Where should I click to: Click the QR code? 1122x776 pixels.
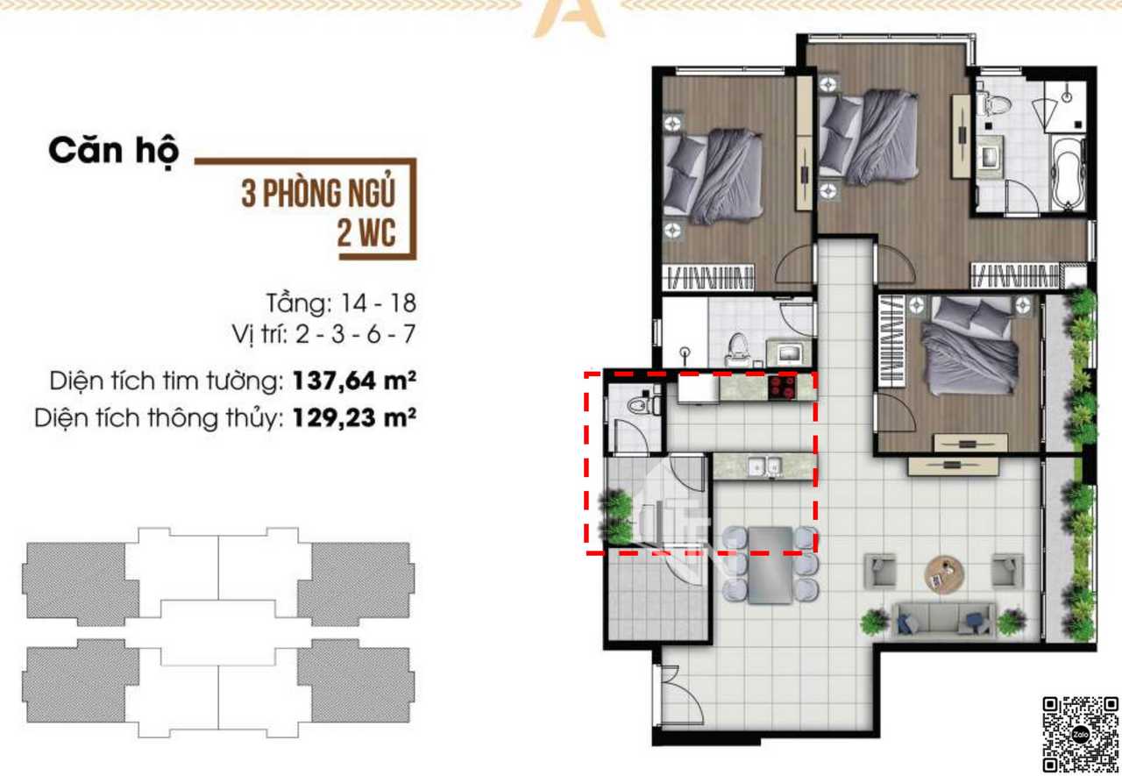1081,734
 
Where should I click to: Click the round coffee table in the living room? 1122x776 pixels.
944,574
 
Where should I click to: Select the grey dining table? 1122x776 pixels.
770,565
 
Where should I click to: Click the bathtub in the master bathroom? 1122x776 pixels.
1068,173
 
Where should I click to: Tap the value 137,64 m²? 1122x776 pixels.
354,381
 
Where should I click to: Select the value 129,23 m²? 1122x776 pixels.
354,417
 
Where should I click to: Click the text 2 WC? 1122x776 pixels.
366,233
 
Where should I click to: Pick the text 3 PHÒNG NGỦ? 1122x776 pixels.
318,193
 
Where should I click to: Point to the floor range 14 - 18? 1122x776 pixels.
378,303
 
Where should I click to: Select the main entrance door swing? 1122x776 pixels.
680,694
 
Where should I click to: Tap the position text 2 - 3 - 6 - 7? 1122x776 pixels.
356,334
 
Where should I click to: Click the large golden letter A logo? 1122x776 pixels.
570,18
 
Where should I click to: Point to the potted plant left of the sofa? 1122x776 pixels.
875,623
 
